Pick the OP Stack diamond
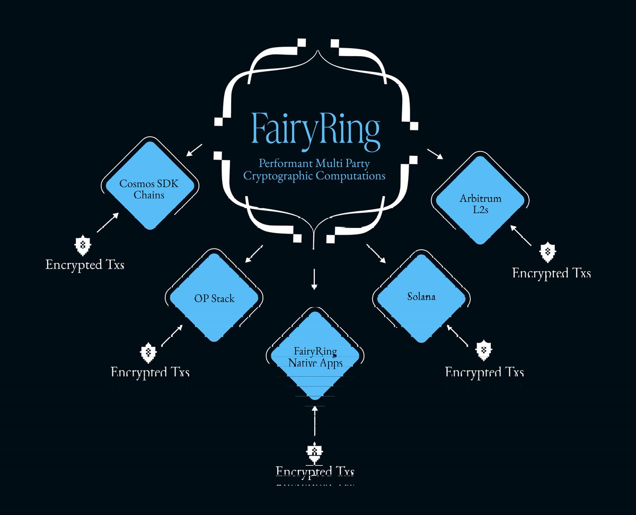[x=214, y=298]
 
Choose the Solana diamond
[x=421, y=297]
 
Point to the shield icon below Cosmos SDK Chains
[x=82, y=245]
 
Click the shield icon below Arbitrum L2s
[x=547, y=253]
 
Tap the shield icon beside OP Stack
[x=148, y=352]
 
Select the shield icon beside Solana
[x=484, y=350]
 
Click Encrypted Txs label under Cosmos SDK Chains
[x=85, y=264]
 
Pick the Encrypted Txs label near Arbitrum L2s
[x=551, y=273]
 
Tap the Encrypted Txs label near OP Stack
[x=150, y=372]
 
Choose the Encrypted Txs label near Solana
[x=484, y=372]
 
